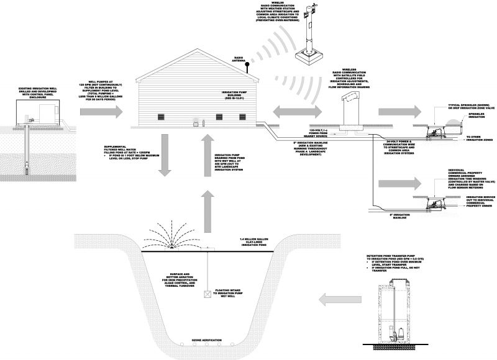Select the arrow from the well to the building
pos(102,112)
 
